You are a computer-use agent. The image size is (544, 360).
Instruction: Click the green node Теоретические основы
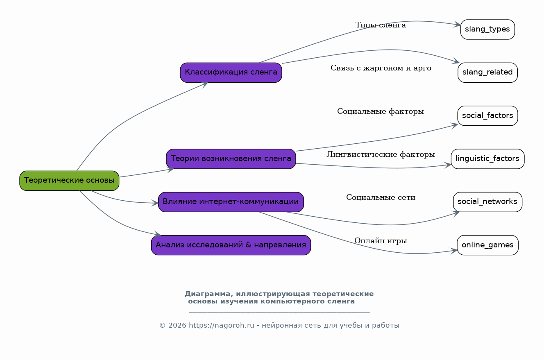click(69, 181)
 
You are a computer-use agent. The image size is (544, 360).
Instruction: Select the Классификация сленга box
click(231, 72)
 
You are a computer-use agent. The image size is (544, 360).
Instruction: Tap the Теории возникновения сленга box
click(231, 159)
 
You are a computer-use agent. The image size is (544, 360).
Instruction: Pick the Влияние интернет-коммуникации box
click(231, 202)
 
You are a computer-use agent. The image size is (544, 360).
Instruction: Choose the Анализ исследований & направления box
click(231, 245)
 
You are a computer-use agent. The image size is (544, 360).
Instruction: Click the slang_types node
click(487, 29)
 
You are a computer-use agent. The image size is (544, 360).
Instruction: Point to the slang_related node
click(487, 72)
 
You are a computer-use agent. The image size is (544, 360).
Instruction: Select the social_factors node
click(487, 116)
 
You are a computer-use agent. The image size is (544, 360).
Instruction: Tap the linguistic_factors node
click(487, 159)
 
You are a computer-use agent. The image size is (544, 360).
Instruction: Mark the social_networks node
click(487, 202)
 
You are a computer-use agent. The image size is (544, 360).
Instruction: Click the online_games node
click(487, 245)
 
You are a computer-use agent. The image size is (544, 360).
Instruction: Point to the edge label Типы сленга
click(381, 25)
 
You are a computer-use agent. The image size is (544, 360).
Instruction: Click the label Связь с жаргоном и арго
click(381, 68)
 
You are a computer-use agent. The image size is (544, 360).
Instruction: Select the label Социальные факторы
click(381, 111)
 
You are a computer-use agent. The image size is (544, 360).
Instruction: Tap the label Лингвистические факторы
click(381, 155)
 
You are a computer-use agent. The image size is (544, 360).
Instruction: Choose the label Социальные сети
click(381, 198)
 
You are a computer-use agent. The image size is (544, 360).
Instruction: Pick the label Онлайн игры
click(381, 241)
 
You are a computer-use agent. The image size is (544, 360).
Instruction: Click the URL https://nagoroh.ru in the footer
click(222, 326)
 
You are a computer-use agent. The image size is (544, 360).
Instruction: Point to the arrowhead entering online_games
click(454, 251)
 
